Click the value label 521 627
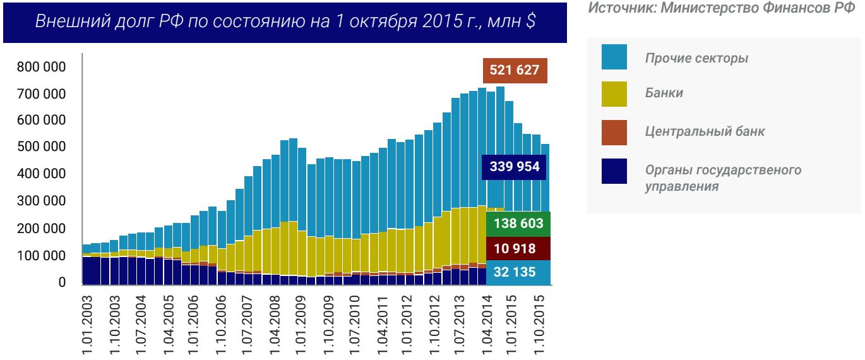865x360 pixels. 515,69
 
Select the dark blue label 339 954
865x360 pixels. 515,167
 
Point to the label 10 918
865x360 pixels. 515,249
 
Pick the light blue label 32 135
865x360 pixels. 515,273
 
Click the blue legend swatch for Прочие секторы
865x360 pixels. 614,57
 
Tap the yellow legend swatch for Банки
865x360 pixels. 614,93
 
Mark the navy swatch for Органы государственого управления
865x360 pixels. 614,171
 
